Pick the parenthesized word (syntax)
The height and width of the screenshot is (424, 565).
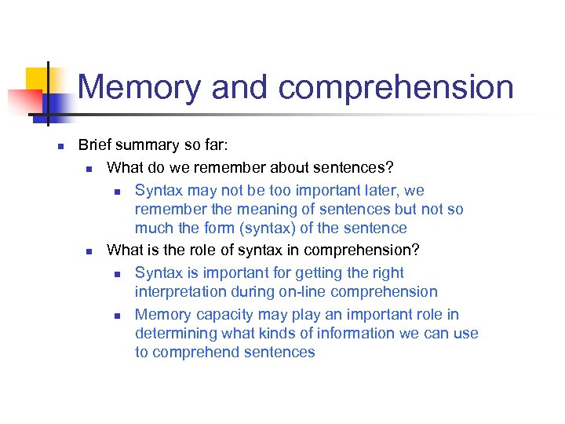(282, 228)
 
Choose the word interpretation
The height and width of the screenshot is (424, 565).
(185, 292)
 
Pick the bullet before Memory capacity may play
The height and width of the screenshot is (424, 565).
(117, 316)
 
